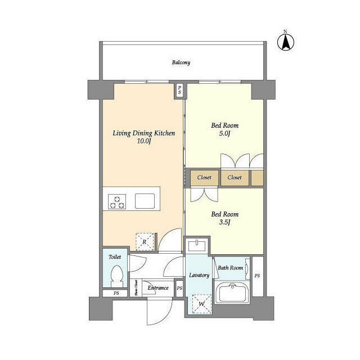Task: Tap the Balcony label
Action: coord(181,62)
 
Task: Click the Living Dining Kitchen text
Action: coord(144,133)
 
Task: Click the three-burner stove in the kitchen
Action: coord(117,201)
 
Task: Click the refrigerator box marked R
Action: coord(145,241)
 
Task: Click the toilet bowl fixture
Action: coord(116,277)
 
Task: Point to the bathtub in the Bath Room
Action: coord(232,293)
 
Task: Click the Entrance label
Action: coord(158,288)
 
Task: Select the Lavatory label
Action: coord(199,275)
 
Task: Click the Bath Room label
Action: coord(231,268)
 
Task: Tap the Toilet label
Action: coord(115,256)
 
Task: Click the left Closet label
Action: coord(204,177)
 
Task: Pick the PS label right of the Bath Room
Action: coord(257,276)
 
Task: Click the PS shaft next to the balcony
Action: coord(179,89)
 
